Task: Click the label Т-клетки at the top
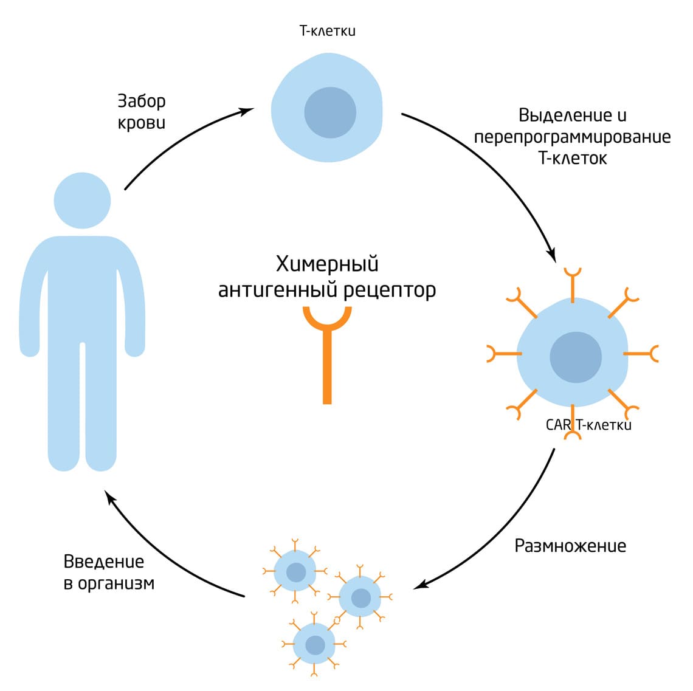[327, 30]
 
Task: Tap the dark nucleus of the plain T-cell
[329, 112]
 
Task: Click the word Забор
[141, 101]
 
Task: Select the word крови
[141, 122]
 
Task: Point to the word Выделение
[556, 115]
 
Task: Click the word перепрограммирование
[572, 137]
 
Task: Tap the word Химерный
[327, 264]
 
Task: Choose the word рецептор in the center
[390, 290]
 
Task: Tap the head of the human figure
[82, 201]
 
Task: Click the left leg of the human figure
[64, 407]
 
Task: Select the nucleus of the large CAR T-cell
[575, 357]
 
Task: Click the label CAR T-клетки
[588, 424]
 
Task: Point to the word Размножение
[570, 546]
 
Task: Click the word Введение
[104, 561]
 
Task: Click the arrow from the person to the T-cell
[182, 140]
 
